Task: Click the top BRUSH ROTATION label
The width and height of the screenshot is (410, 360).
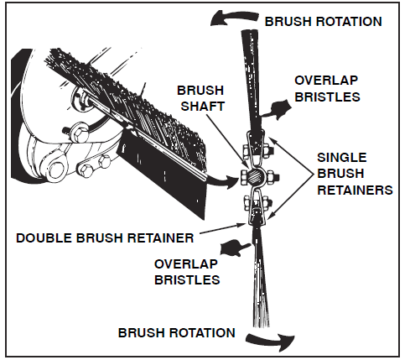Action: [x=323, y=22]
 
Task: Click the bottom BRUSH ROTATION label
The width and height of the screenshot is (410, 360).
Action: [x=176, y=332]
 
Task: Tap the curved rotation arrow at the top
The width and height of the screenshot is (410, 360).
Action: [x=233, y=18]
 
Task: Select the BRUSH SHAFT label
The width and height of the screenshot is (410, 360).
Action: [x=201, y=98]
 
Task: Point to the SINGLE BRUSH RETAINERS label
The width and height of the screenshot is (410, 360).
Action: [x=355, y=174]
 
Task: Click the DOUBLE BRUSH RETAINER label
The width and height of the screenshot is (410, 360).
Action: [x=105, y=238]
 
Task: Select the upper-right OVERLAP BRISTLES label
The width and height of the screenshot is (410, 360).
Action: [x=327, y=89]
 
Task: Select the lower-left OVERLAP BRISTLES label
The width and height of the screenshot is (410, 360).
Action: [x=187, y=272]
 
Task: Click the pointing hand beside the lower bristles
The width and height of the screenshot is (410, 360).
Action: [x=234, y=248]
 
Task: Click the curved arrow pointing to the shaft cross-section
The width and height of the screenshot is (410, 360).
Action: [x=222, y=180]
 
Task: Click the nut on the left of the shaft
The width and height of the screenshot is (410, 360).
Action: [x=244, y=178]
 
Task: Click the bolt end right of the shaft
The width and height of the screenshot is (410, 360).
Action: [x=273, y=177]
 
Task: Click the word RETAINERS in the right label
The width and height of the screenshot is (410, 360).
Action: [x=355, y=190]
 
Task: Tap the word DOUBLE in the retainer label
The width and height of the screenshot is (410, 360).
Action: [x=44, y=238]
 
